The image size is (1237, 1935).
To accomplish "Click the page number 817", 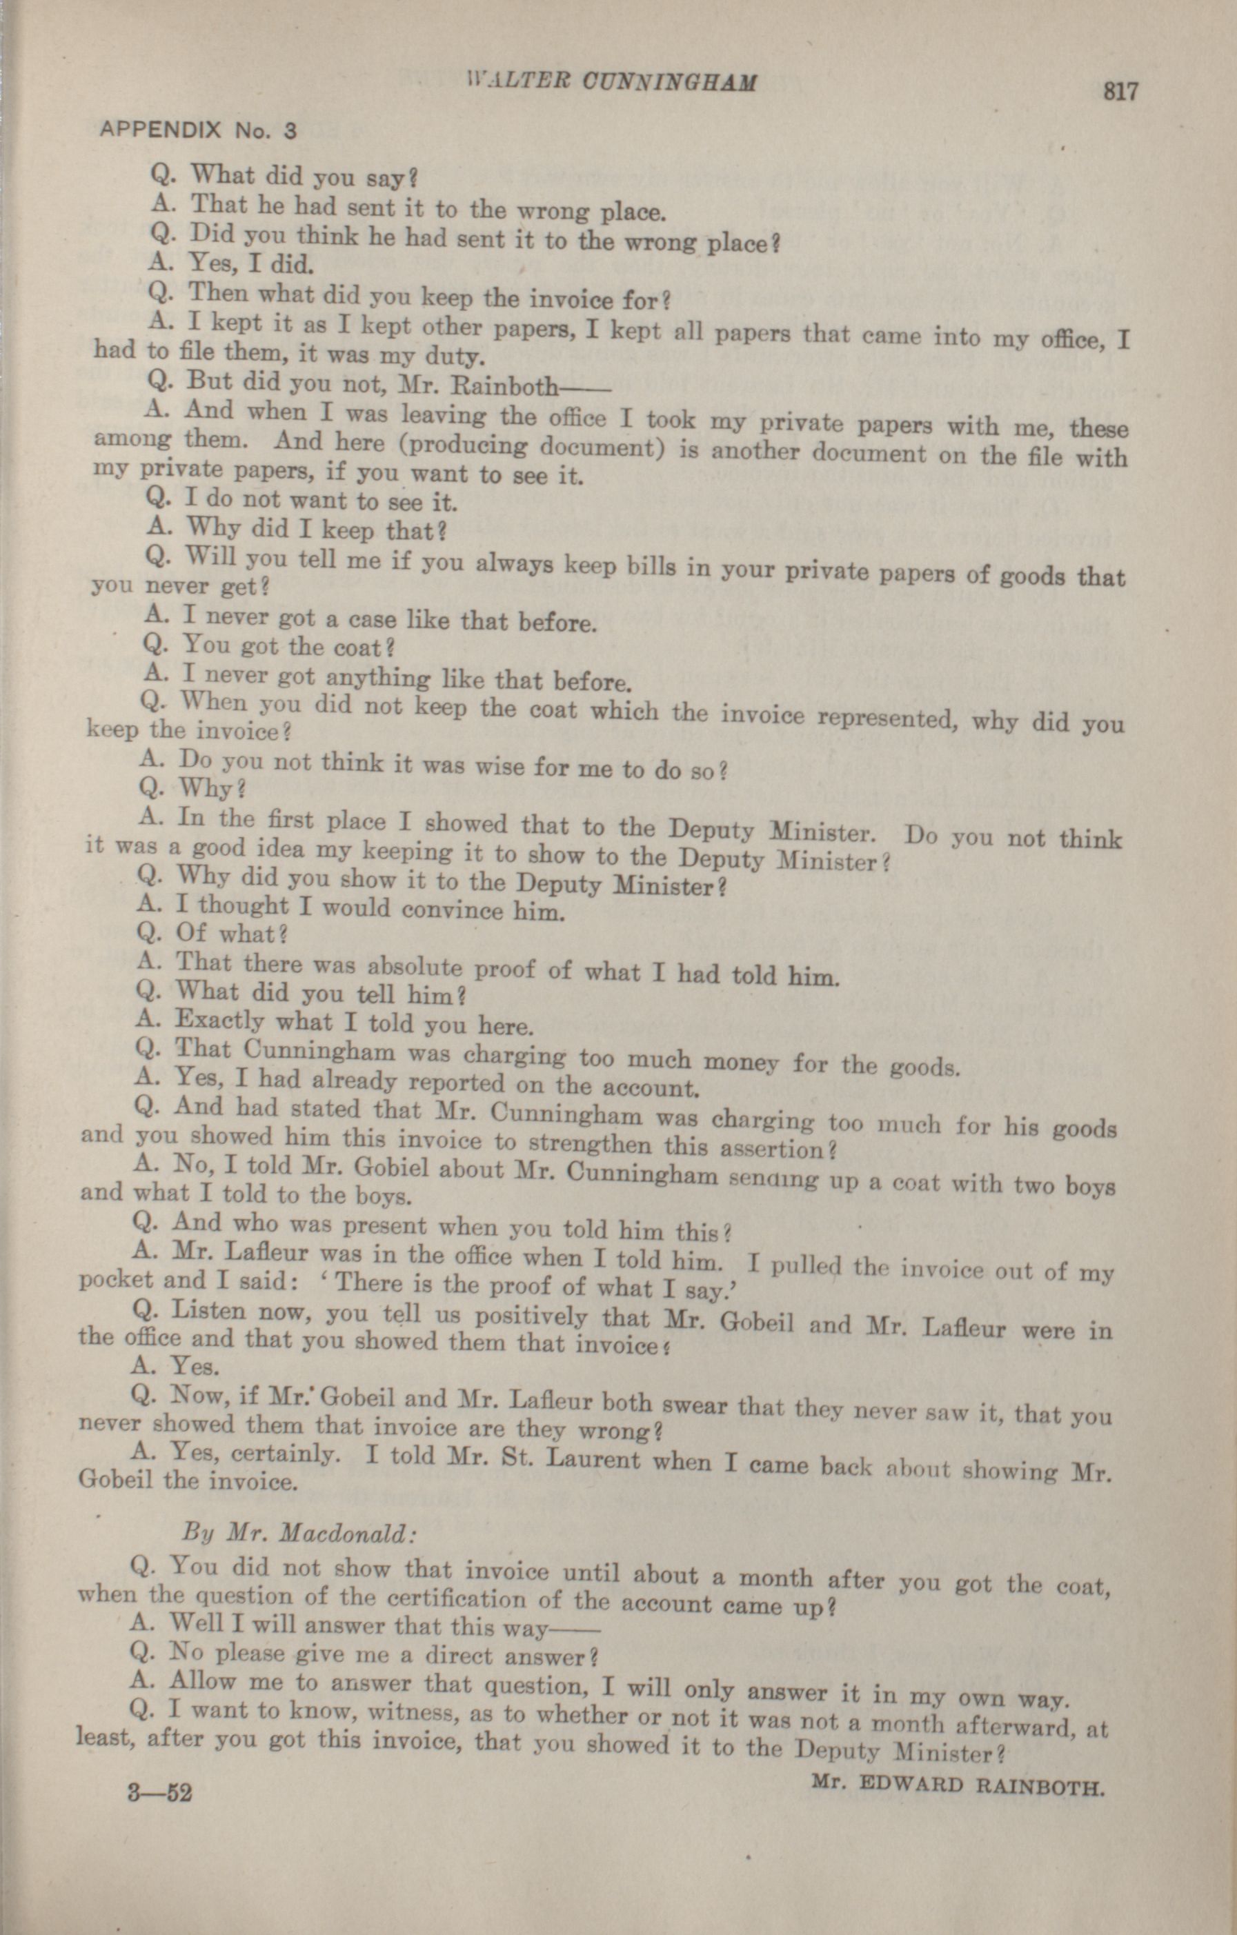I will coord(1120,91).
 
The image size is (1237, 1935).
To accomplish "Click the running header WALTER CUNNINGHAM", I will coord(611,82).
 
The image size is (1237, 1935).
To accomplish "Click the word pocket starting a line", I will coord(117,1279).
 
